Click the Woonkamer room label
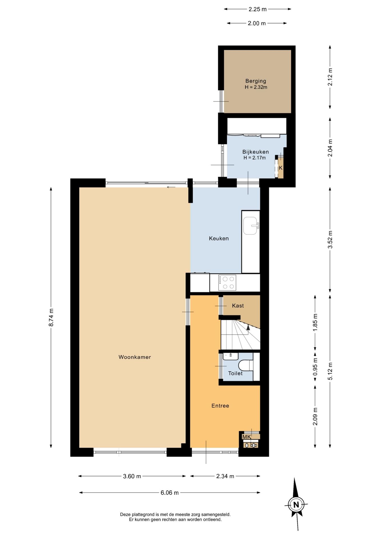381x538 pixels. pyautogui.click(x=135, y=357)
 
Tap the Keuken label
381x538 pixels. pyautogui.click(x=219, y=238)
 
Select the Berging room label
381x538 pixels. pyautogui.click(x=256, y=81)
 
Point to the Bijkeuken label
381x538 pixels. pyautogui.click(x=256, y=152)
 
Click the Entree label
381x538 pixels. pyautogui.click(x=220, y=406)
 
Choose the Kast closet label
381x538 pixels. pyautogui.click(x=238, y=306)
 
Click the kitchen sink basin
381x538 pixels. pyautogui.click(x=250, y=226)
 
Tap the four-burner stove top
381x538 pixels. pyautogui.click(x=227, y=283)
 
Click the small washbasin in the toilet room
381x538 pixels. pyautogui.click(x=231, y=356)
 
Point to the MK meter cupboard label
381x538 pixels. pyautogui.click(x=247, y=437)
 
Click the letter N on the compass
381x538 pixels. pyautogui.click(x=296, y=505)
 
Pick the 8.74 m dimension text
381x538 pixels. pyautogui.click(x=51, y=317)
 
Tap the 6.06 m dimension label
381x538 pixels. pyautogui.click(x=170, y=493)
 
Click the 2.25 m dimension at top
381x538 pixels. pyautogui.click(x=258, y=9)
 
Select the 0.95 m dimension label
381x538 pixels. pyautogui.click(x=315, y=367)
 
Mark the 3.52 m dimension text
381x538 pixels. pyautogui.click(x=330, y=240)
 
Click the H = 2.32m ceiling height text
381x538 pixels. pyautogui.click(x=256, y=87)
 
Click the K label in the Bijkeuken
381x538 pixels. pyautogui.click(x=281, y=168)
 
